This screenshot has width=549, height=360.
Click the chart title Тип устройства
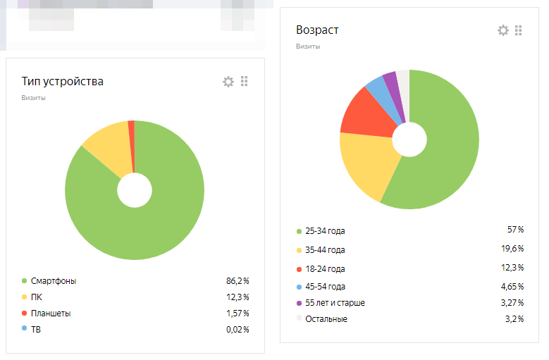coord(63,81)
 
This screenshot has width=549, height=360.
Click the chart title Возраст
coord(318,30)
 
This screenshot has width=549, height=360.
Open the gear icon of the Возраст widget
coord(502,30)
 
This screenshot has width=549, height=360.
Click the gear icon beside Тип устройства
coord(228,82)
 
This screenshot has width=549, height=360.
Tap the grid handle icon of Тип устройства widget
coord(245,82)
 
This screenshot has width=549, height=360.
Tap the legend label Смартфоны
coord(53,280)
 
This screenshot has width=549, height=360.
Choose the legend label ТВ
coord(36,329)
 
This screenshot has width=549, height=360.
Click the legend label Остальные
coord(326,319)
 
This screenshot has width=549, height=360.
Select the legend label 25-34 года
coord(325,230)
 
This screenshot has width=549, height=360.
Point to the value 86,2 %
coord(237,280)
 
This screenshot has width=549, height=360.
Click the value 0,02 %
coord(236,329)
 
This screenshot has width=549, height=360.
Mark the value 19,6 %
coord(512,249)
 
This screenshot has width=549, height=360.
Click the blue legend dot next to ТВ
coord(24,329)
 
